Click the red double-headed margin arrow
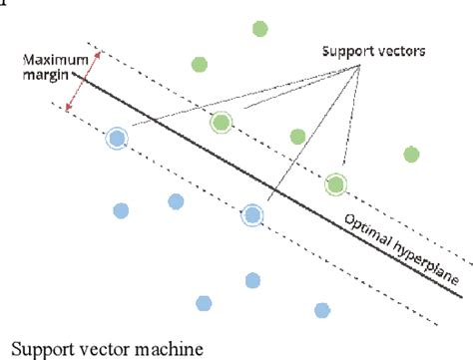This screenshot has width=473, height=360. (79, 81)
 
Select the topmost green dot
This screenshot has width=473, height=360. (259, 28)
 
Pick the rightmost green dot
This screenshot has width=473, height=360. (410, 154)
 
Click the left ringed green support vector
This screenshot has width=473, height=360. (221, 123)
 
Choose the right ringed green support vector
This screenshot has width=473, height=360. (336, 183)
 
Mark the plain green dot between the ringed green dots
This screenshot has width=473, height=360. (296, 137)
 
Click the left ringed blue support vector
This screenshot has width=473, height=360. (117, 139)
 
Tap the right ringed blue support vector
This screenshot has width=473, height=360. (251, 213)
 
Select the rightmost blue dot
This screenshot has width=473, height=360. (321, 309)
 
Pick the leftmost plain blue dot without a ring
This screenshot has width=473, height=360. (121, 210)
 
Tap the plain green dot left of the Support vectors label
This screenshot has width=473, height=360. (199, 65)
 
